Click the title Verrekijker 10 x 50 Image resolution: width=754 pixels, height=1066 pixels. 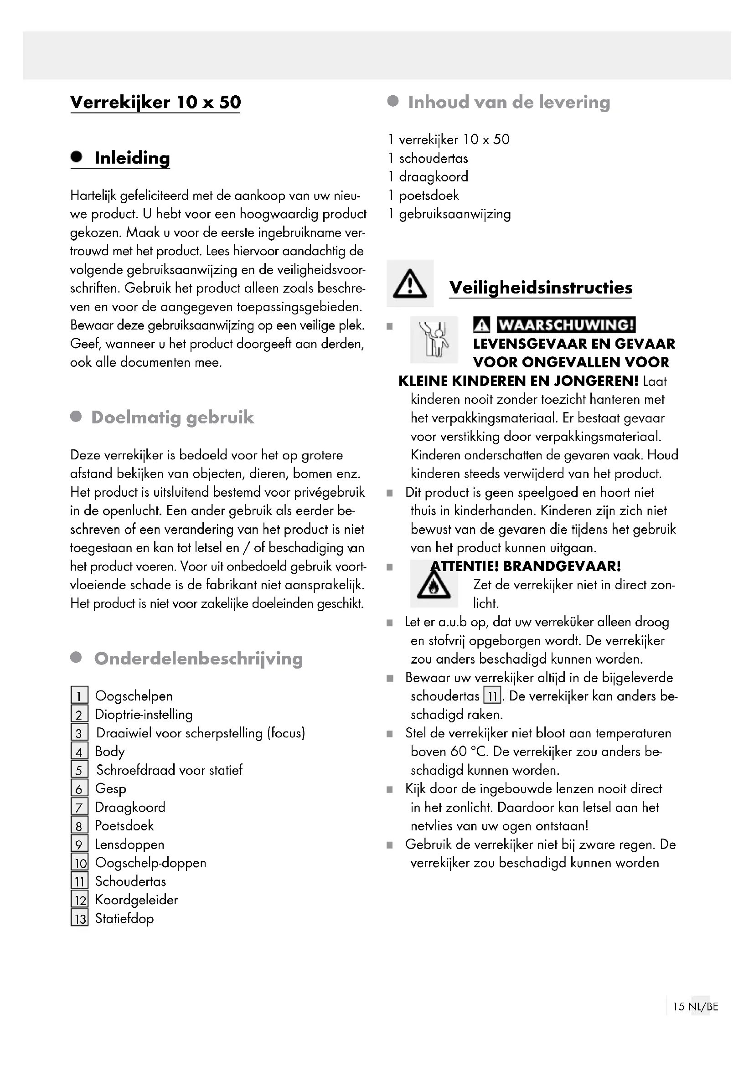pos(155,102)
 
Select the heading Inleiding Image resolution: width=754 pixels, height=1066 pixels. pos(132,158)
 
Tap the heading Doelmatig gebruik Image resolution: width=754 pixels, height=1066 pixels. pos(172,417)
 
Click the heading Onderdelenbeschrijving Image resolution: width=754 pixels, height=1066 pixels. pos(198,659)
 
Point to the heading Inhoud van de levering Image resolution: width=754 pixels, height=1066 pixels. pos(509,102)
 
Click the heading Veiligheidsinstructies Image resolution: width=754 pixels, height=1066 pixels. pos(541,288)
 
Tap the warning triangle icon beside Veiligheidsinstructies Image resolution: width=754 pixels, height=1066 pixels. pos(410,284)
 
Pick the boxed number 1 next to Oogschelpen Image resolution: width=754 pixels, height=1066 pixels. pos(79,696)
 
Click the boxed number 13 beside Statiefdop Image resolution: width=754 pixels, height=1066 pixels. pos(80,918)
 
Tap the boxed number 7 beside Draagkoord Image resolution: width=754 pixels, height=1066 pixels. pos(79,808)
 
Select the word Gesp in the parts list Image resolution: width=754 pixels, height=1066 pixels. pos(110,788)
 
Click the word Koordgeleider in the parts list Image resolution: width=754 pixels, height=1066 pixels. pos(136,900)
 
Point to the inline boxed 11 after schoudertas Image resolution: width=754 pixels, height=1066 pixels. pos(492,696)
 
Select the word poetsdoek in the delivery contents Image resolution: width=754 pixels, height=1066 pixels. pos(429,196)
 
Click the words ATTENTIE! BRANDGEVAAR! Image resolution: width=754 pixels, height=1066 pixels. pos(526,566)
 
